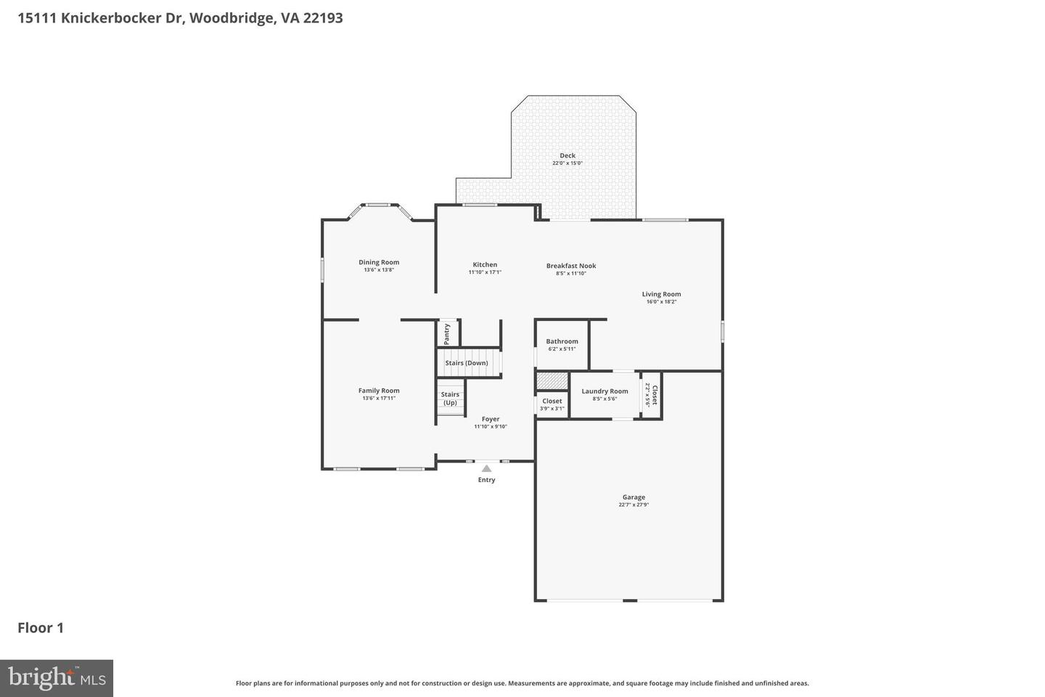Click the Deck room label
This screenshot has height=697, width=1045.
(567, 155)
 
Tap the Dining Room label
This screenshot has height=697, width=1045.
(379, 262)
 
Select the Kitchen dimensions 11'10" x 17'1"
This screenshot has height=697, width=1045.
(485, 272)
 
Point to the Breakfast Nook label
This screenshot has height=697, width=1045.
(571, 266)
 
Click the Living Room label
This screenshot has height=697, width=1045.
(661, 294)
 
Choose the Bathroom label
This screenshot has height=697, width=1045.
(562, 341)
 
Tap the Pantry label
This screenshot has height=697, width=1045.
(447, 333)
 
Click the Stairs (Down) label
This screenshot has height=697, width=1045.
(467, 363)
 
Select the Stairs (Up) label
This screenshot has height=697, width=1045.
(450, 399)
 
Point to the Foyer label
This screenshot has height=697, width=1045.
(491, 419)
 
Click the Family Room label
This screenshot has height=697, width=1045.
(379, 391)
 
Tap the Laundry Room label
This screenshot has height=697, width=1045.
(605, 391)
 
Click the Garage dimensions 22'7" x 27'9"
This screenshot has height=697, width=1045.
(634, 505)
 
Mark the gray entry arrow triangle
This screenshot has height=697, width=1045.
(486, 469)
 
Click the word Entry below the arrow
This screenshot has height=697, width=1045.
(486, 480)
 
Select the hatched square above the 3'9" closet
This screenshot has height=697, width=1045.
(552, 380)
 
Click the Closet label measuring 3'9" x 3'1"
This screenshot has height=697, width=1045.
(552, 401)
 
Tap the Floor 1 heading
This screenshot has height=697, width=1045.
(41, 628)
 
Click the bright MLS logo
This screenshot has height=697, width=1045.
(57, 678)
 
